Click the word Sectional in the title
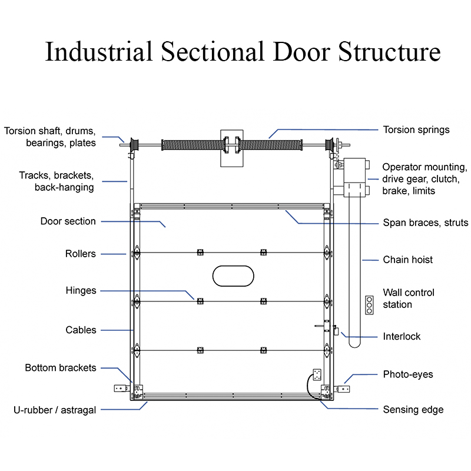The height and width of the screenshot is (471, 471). pyautogui.click(x=213, y=51)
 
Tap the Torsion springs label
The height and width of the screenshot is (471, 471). pyautogui.click(x=416, y=130)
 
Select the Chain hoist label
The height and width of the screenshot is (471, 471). pyautogui.click(x=407, y=260)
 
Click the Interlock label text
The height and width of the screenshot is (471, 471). pyautogui.click(x=402, y=336)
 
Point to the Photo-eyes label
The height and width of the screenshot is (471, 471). pyautogui.click(x=408, y=374)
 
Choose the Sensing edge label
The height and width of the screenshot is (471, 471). pyautogui.click(x=413, y=410)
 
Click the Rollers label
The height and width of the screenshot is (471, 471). pyautogui.click(x=81, y=254)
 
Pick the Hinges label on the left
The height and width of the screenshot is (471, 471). pyautogui.click(x=81, y=291)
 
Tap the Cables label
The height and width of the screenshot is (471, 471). pyautogui.click(x=81, y=330)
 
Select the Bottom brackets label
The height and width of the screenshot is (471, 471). pyautogui.click(x=61, y=368)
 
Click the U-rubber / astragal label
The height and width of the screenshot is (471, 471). pyautogui.click(x=55, y=410)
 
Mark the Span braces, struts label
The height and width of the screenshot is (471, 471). pyautogui.click(x=425, y=223)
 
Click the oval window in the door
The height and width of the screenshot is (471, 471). pyautogui.click(x=233, y=276)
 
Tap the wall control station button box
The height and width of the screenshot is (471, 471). pyautogui.click(x=369, y=305)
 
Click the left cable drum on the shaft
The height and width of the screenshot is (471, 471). pyautogui.click(x=134, y=145)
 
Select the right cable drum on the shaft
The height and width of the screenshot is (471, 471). pyautogui.click(x=330, y=145)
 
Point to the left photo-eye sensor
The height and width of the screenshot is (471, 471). pyautogui.click(x=122, y=389)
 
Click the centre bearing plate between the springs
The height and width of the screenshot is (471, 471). pyautogui.click(x=232, y=148)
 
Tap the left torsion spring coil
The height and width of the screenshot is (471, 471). pyautogui.click(x=193, y=145)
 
